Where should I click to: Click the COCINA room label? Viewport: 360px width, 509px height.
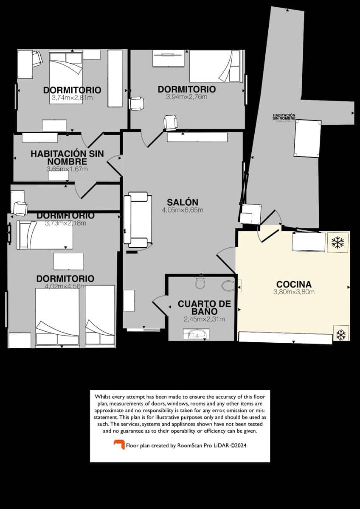click(x=294, y=284)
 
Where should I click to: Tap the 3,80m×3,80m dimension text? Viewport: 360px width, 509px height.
click(x=294, y=292)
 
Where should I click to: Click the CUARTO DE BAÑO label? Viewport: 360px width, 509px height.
click(x=204, y=308)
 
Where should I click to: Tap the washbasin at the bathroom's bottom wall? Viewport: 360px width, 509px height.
click(x=196, y=335)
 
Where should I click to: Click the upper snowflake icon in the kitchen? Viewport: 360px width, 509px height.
click(x=337, y=243)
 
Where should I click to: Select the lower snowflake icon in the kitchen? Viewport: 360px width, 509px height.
click(x=340, y=334)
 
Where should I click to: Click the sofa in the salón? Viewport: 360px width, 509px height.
click(x=137, y=220)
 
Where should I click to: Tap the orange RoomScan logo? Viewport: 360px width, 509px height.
click(x=119, y=445)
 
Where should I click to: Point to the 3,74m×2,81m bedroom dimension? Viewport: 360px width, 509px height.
click(x=72, y=98)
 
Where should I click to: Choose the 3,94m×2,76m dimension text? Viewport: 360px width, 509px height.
click(x=186, y=97)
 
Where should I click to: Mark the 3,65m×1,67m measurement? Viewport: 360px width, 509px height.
click(x=67, y=169)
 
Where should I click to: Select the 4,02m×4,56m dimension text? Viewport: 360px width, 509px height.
click(x=65, y=286)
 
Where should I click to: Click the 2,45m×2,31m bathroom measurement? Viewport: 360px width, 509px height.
click(x=204, y=319)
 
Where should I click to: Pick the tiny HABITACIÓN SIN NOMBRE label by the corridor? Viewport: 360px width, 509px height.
click(x=284, y=117)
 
